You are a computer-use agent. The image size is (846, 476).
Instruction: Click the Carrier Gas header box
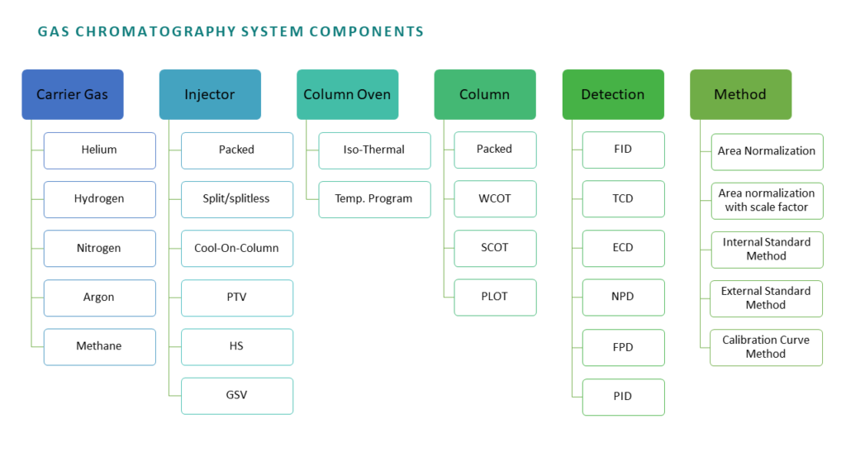pos(73,94)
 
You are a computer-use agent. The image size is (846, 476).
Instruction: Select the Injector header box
pos(210,94)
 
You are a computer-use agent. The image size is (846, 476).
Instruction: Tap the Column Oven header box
pos(348,94)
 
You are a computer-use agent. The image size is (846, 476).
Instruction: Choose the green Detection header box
pos(613,94)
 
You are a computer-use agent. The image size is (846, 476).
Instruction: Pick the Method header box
pos(741,94)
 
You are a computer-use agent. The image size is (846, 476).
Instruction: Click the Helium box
pos(100,150)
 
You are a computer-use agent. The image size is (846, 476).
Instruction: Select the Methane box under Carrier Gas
pos(100,347)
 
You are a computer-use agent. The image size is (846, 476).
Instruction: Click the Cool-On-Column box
pos(237,249)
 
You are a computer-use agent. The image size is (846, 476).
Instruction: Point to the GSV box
pos(237,396)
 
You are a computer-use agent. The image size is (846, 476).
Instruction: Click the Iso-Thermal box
pos(375,150)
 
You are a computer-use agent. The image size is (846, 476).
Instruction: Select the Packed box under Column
pos(496,150)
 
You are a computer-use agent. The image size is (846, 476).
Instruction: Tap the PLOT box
pos(496,297)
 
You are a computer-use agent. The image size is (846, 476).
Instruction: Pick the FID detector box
pos(624,150)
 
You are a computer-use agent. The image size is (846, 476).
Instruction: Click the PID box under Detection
pos(624,397)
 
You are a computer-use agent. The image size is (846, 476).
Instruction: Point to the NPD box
pos(624,297)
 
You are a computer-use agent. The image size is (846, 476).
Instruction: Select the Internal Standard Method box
pos(768,250)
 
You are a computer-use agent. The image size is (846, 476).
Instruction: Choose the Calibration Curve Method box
pos(766,348)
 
